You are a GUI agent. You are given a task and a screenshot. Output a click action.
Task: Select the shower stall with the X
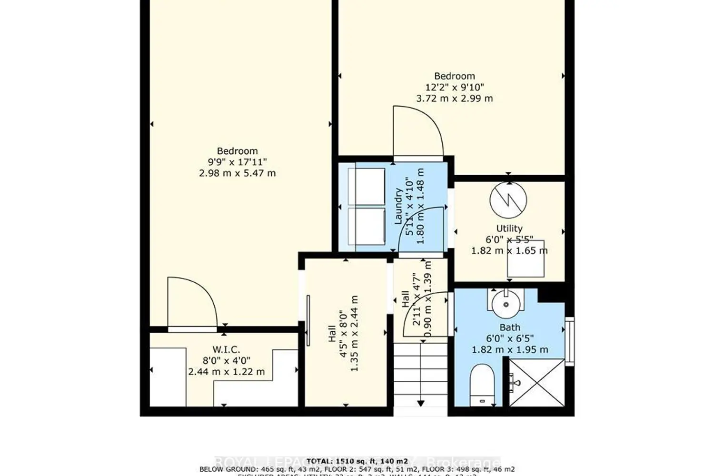pyautogui.click(x=536, y=382)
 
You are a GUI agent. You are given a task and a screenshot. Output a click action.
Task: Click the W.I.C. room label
pyautogui.click(x=226, y=350)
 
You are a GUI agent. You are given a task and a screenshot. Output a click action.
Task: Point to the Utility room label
pyautogui.click(x=509, y=228)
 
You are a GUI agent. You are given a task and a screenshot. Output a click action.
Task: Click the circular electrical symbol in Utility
pyautogui.click(x=508, y=200)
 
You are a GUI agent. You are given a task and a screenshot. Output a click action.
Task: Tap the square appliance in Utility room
pyautogui.click(x=526, y=259)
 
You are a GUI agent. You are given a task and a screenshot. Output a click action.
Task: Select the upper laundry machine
pyautogui.click(x=366, y=187)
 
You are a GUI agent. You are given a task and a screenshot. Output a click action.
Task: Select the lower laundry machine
pyautogui.click(x=366, y=226)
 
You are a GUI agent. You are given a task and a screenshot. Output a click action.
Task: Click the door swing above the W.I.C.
pyautogui.click(x=192, y=302)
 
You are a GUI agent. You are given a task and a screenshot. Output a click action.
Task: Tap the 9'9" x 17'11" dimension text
pyautogui.click(x=237, y=162)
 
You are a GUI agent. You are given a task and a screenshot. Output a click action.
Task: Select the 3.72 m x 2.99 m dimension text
pyautogui.click(x=455, y=99)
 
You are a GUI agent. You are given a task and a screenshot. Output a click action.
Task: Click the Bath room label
pyautogui.click(x=509, y=327)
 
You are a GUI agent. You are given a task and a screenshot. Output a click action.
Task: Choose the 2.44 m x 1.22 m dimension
pyautogui.click(x=226, y=372)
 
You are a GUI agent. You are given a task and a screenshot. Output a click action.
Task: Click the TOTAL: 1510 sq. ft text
pyautogui.click(x=357, y=461)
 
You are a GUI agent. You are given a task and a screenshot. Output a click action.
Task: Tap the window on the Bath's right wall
pyautogui.click(x=569, y=338)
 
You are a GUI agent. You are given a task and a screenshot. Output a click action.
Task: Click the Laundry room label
pyautogui.click(x=398, y=206)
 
